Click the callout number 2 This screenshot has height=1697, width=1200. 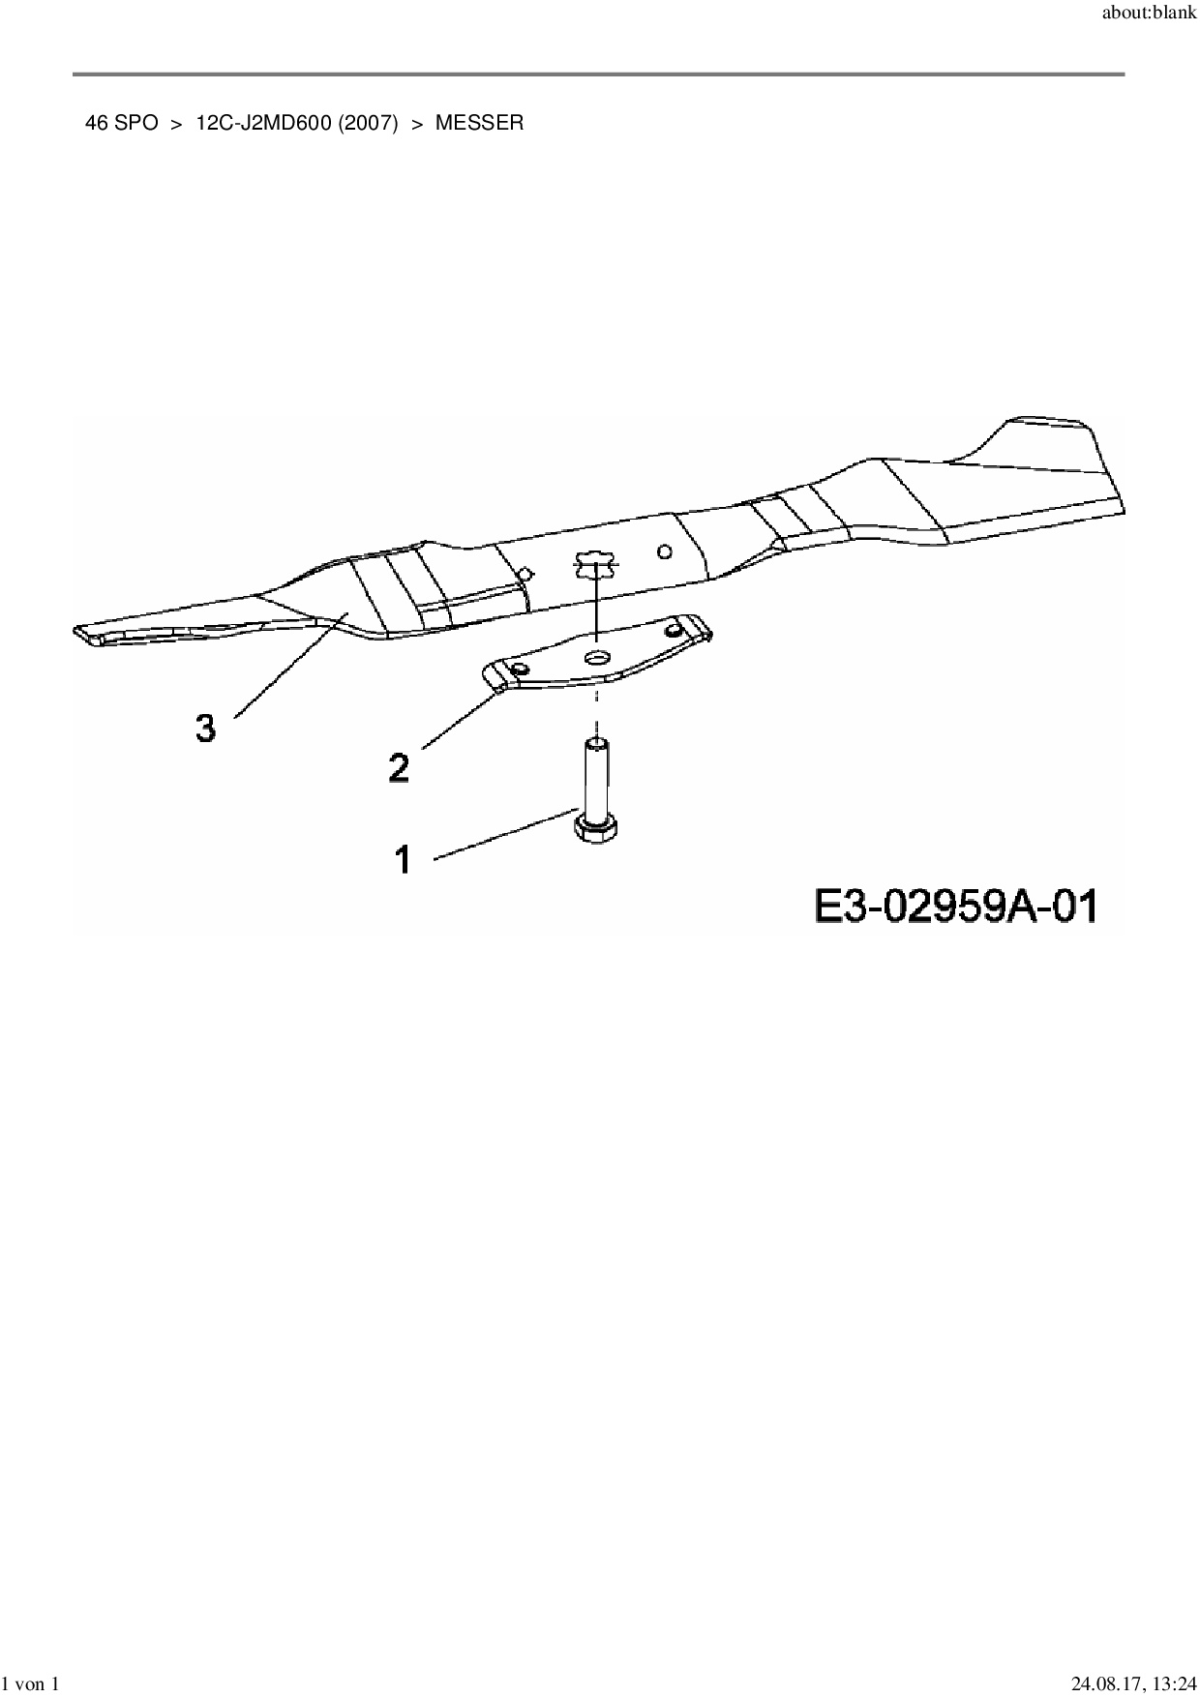pyautogui.click(x=398, y=768)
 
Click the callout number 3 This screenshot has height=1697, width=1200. pyautogui.click(x=205, y=727)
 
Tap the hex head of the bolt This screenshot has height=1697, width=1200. pyautogui.click(x=597, y=829)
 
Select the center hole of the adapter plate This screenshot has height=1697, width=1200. pyautogui.click(x=598, y=658)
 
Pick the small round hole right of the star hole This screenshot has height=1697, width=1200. pyautogui.click(x=664, y=551)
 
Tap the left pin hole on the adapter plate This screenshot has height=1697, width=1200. pyautogui.click(x=521, y=670)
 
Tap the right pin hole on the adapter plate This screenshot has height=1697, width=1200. pyautogui.click(x=675, y=629)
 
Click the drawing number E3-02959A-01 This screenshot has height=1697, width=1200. pyautogui.click(x=955, y=908)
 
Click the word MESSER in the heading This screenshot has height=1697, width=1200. pyautogui.click(x=479, y=123)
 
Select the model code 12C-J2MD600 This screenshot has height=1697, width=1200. pyautogui.click(x=263, y=123)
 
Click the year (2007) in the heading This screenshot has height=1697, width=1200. pyautogui.click(x=368, y=123)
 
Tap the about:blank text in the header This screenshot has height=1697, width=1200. pyautogui.click(x=1149, y=14)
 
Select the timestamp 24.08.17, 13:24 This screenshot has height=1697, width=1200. pyautogui.click(x=1134, y=1684)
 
